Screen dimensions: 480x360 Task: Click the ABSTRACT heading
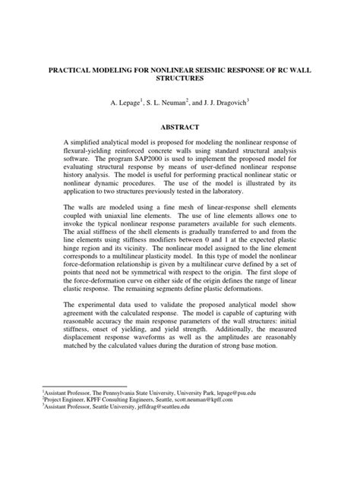(x=179, y=128)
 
